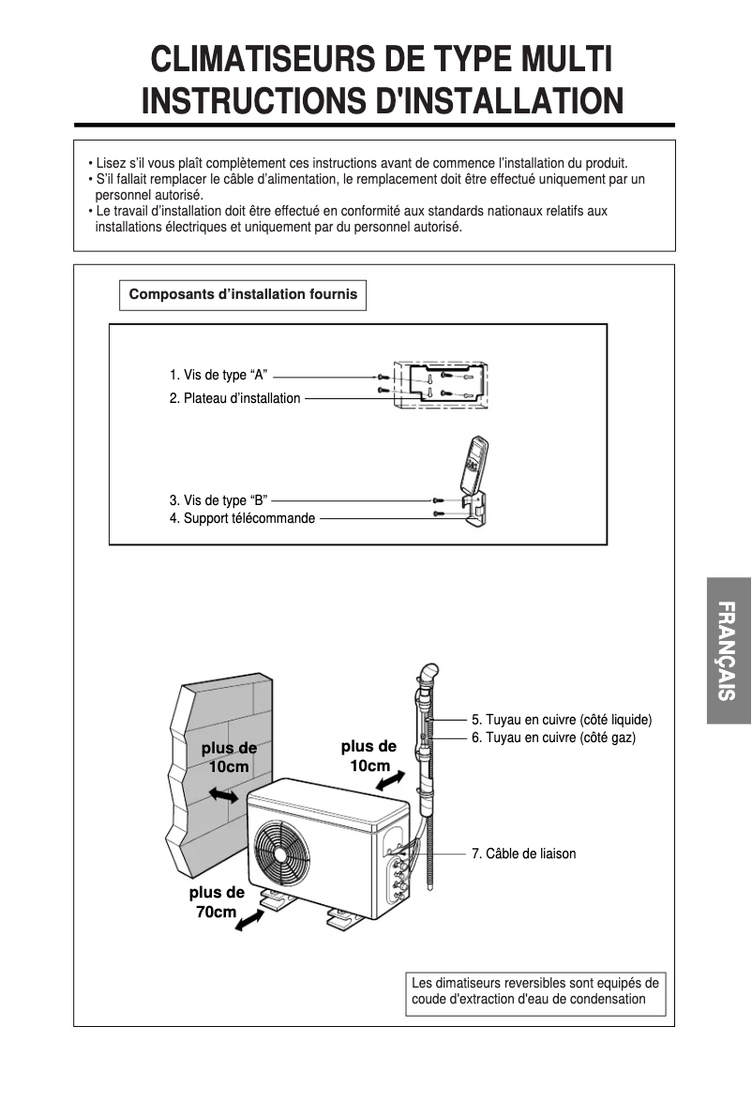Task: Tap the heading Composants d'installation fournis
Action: click(243, 294)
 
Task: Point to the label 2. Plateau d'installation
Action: click(234, 398)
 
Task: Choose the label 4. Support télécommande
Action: click(242, 518)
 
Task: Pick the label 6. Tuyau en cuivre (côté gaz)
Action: click(553, 738)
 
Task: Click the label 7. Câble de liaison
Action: click(523, 854)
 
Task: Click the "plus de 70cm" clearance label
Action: click(216, 901)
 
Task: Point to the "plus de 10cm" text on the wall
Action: click(229, 757)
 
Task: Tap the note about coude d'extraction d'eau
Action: click(535, 991)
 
